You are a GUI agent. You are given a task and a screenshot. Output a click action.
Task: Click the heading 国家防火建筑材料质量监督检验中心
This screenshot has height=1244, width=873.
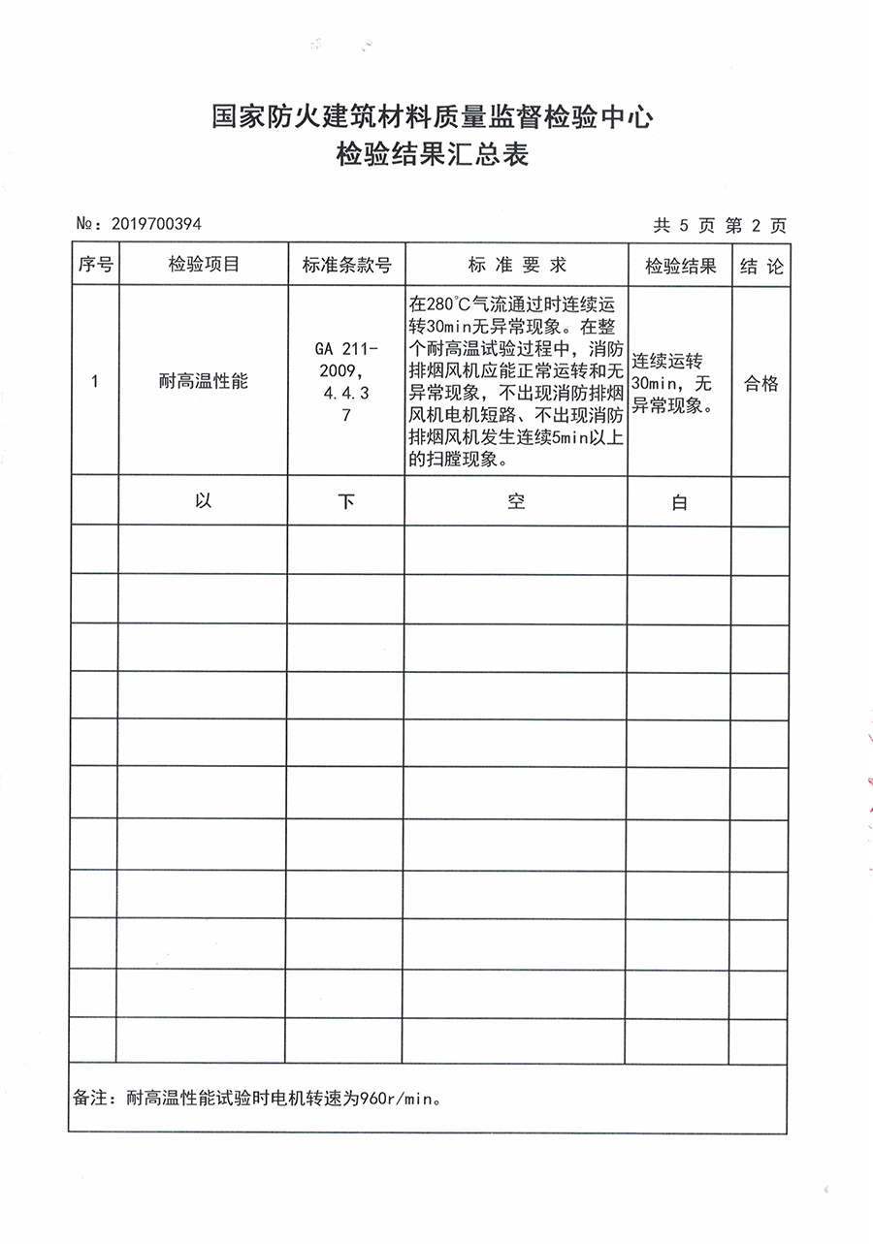pyautogui.click(x=432, y=118)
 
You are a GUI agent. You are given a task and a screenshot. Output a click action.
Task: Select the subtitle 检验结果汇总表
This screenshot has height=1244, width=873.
pyautogui.click(x=432, y=154)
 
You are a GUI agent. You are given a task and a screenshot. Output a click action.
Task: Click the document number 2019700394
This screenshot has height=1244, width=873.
pyautogui.click(x=156, y=224)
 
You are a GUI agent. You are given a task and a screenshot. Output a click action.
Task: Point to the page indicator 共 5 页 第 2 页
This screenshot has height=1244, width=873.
pyautogui.click(x=720, y=226)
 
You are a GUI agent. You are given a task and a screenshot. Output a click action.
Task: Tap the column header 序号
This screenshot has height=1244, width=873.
pyautogui.click(x=95, y=265)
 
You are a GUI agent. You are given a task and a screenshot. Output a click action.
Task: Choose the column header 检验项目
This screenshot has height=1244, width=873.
pyautogui.click(x=203, y=265)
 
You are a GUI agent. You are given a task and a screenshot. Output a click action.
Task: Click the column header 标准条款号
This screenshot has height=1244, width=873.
pyautogui.click(x=346, y=266)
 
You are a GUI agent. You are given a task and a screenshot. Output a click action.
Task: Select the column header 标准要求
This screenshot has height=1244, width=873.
pyautogui.click(x=516, y=265)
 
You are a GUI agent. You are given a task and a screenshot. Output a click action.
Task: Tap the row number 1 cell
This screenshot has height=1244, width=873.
pyautogui.click(x=94, y=382)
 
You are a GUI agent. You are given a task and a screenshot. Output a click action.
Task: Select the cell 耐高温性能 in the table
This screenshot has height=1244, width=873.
pyautogui.click(x=203, y=382)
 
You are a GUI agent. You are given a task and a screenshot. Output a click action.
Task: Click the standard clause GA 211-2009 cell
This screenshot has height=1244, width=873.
pyautogui.click(x=346, y=360)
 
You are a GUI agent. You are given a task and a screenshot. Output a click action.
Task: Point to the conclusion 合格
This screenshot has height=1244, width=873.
pyautogui.click(x=760, y=384)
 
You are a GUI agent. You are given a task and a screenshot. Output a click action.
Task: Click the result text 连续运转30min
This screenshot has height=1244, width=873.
pyautogui.click(x=669, y=372)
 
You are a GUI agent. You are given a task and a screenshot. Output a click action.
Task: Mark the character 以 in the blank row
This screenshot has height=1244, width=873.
pyautogui.click(x=203, y=501)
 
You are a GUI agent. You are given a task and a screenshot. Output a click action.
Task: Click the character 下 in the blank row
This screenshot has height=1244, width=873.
pyautogui.click(x=346, y=501)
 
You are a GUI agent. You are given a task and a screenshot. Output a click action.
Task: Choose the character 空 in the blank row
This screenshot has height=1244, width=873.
pyautogui.click(x=516, y=501)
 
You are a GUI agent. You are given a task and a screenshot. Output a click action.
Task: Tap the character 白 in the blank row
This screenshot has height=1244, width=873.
pyautogui.click(x=679, y=503)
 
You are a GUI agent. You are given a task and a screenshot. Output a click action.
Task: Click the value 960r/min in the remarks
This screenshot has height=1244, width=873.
pyautogui.click(x=399, y=1100)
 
